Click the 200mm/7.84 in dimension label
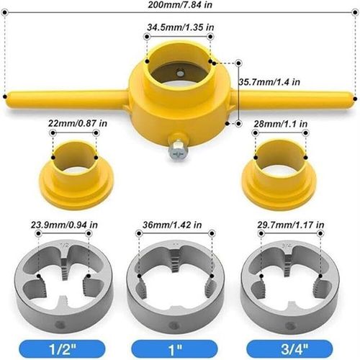[x=180, y=6]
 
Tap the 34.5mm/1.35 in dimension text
[x=180, y=27]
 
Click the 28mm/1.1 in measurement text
[x=281, y=125]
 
